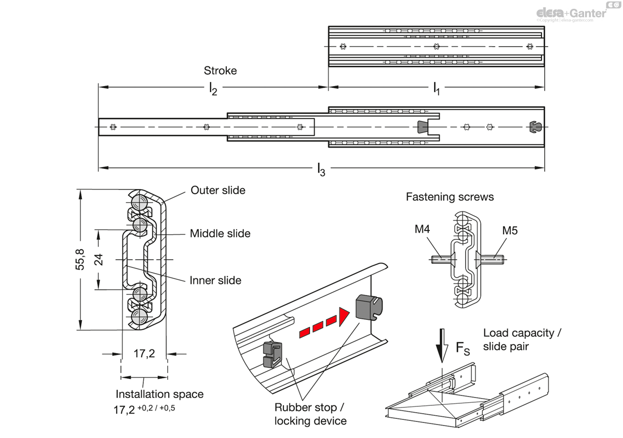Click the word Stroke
(220, 70)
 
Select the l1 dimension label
(436, 89)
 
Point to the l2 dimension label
(213, 89)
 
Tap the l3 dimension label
(321, 168)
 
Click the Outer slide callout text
(218, 190)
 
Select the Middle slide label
(220, 233)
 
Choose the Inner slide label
(215, 280)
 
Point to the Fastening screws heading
(450, 197)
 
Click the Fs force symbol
(463, 348)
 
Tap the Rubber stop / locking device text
(310, 414)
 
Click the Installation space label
(159, 394)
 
